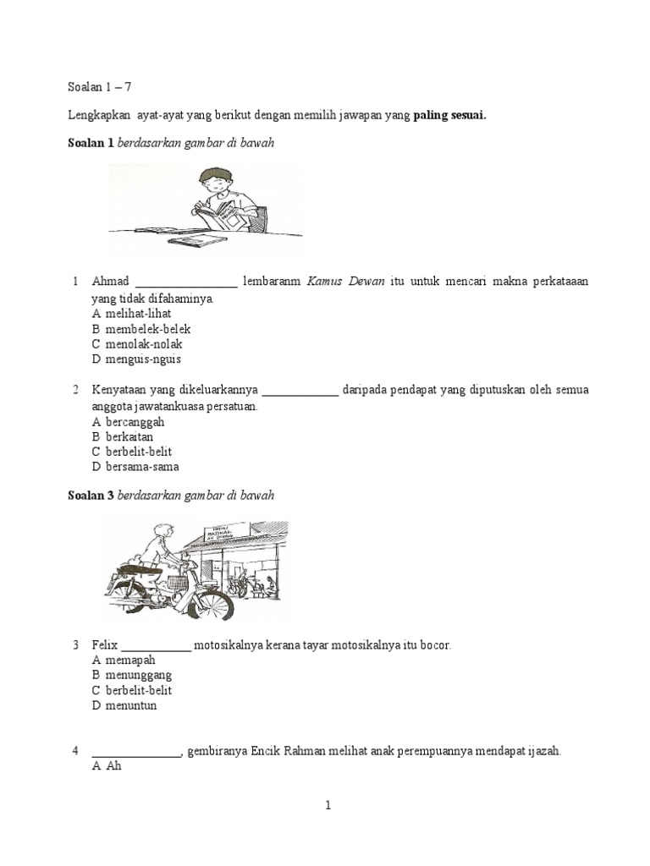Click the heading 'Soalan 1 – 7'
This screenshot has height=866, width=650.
pos(100,86)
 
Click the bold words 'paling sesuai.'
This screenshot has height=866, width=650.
pos(449,116)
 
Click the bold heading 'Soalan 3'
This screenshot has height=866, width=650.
pos(91,496)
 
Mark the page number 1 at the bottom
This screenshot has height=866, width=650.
pos(328,806)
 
